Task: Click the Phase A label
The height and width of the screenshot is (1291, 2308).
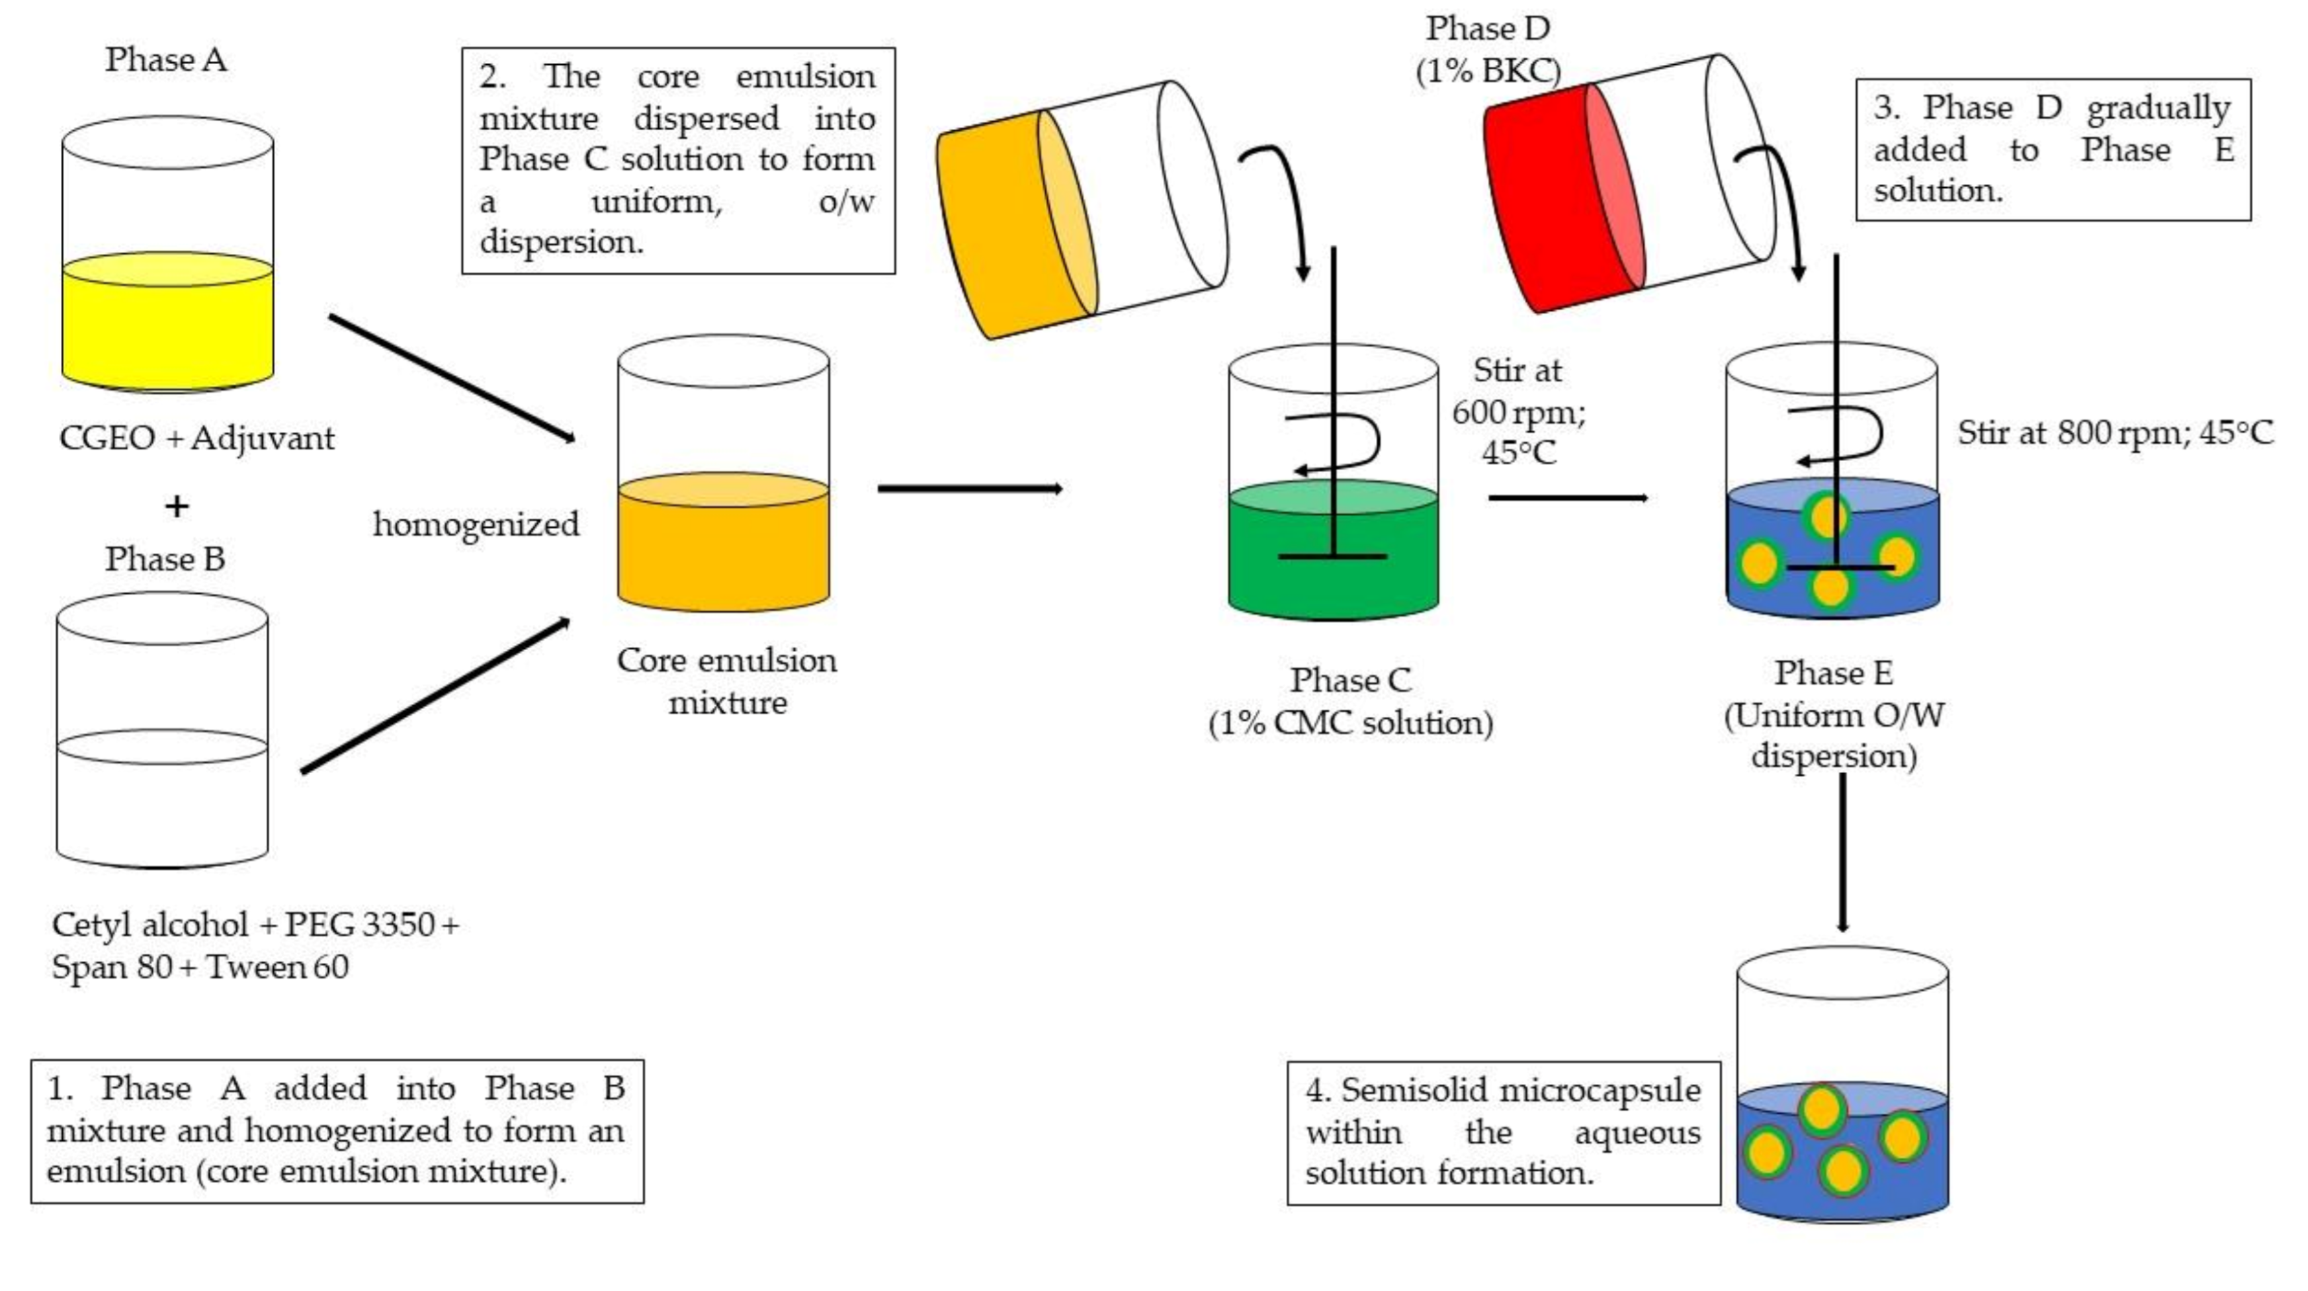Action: click(166, 60)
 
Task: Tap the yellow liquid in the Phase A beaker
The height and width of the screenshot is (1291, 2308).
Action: click(167, 327)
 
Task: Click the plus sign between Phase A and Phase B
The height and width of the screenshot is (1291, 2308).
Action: click(177, 506)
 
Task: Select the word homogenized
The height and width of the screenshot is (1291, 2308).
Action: click(476, 524)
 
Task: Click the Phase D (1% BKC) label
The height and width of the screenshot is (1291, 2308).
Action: click(1488, 50)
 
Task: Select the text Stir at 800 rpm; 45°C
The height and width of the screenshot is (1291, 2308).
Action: click(2114, 434)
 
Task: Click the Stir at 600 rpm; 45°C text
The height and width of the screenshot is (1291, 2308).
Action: click(1517, 411)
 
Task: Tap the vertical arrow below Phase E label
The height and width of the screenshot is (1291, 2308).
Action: click(1842, 851)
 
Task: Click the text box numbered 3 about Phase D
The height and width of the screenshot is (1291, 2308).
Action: click(2053, 149)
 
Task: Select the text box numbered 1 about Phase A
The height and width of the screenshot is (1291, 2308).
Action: click(337, 1131)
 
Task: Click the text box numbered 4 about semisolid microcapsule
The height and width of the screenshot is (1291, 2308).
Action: click(1504, 1132)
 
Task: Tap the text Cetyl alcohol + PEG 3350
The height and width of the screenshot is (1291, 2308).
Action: click(255, 925)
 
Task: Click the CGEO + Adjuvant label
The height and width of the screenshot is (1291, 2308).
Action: click(196, 438)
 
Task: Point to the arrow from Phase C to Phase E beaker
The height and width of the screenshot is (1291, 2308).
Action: click(1568, 497)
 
